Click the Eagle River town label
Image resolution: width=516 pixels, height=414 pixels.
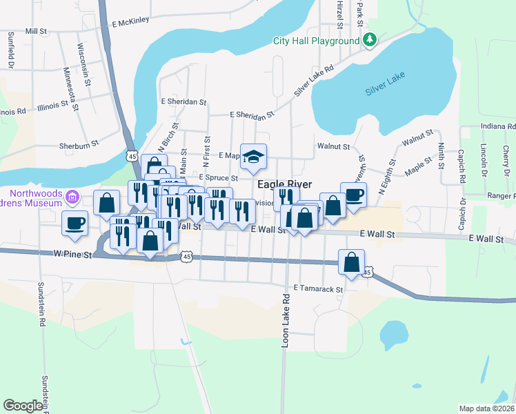[284, 185]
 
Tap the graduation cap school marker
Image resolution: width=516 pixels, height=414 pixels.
[253, 156]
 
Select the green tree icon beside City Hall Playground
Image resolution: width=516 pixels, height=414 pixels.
[370, 40]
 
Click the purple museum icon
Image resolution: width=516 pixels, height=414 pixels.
[72, 199]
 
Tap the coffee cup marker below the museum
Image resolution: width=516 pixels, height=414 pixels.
[75, 223]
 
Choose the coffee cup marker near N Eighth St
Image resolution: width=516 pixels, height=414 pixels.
[353, 195]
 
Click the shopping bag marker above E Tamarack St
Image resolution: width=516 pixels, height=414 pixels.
[351, 262]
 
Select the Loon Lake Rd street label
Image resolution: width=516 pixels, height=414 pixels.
[285, 321]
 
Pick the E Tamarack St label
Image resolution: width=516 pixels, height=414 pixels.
[318, 288]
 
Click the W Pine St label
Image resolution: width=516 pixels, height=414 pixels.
[72, 255]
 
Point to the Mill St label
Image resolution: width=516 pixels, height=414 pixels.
[35, 31]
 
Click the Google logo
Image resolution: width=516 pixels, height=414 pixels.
[23, 406]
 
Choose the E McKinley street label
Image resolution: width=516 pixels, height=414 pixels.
[130, 21]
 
